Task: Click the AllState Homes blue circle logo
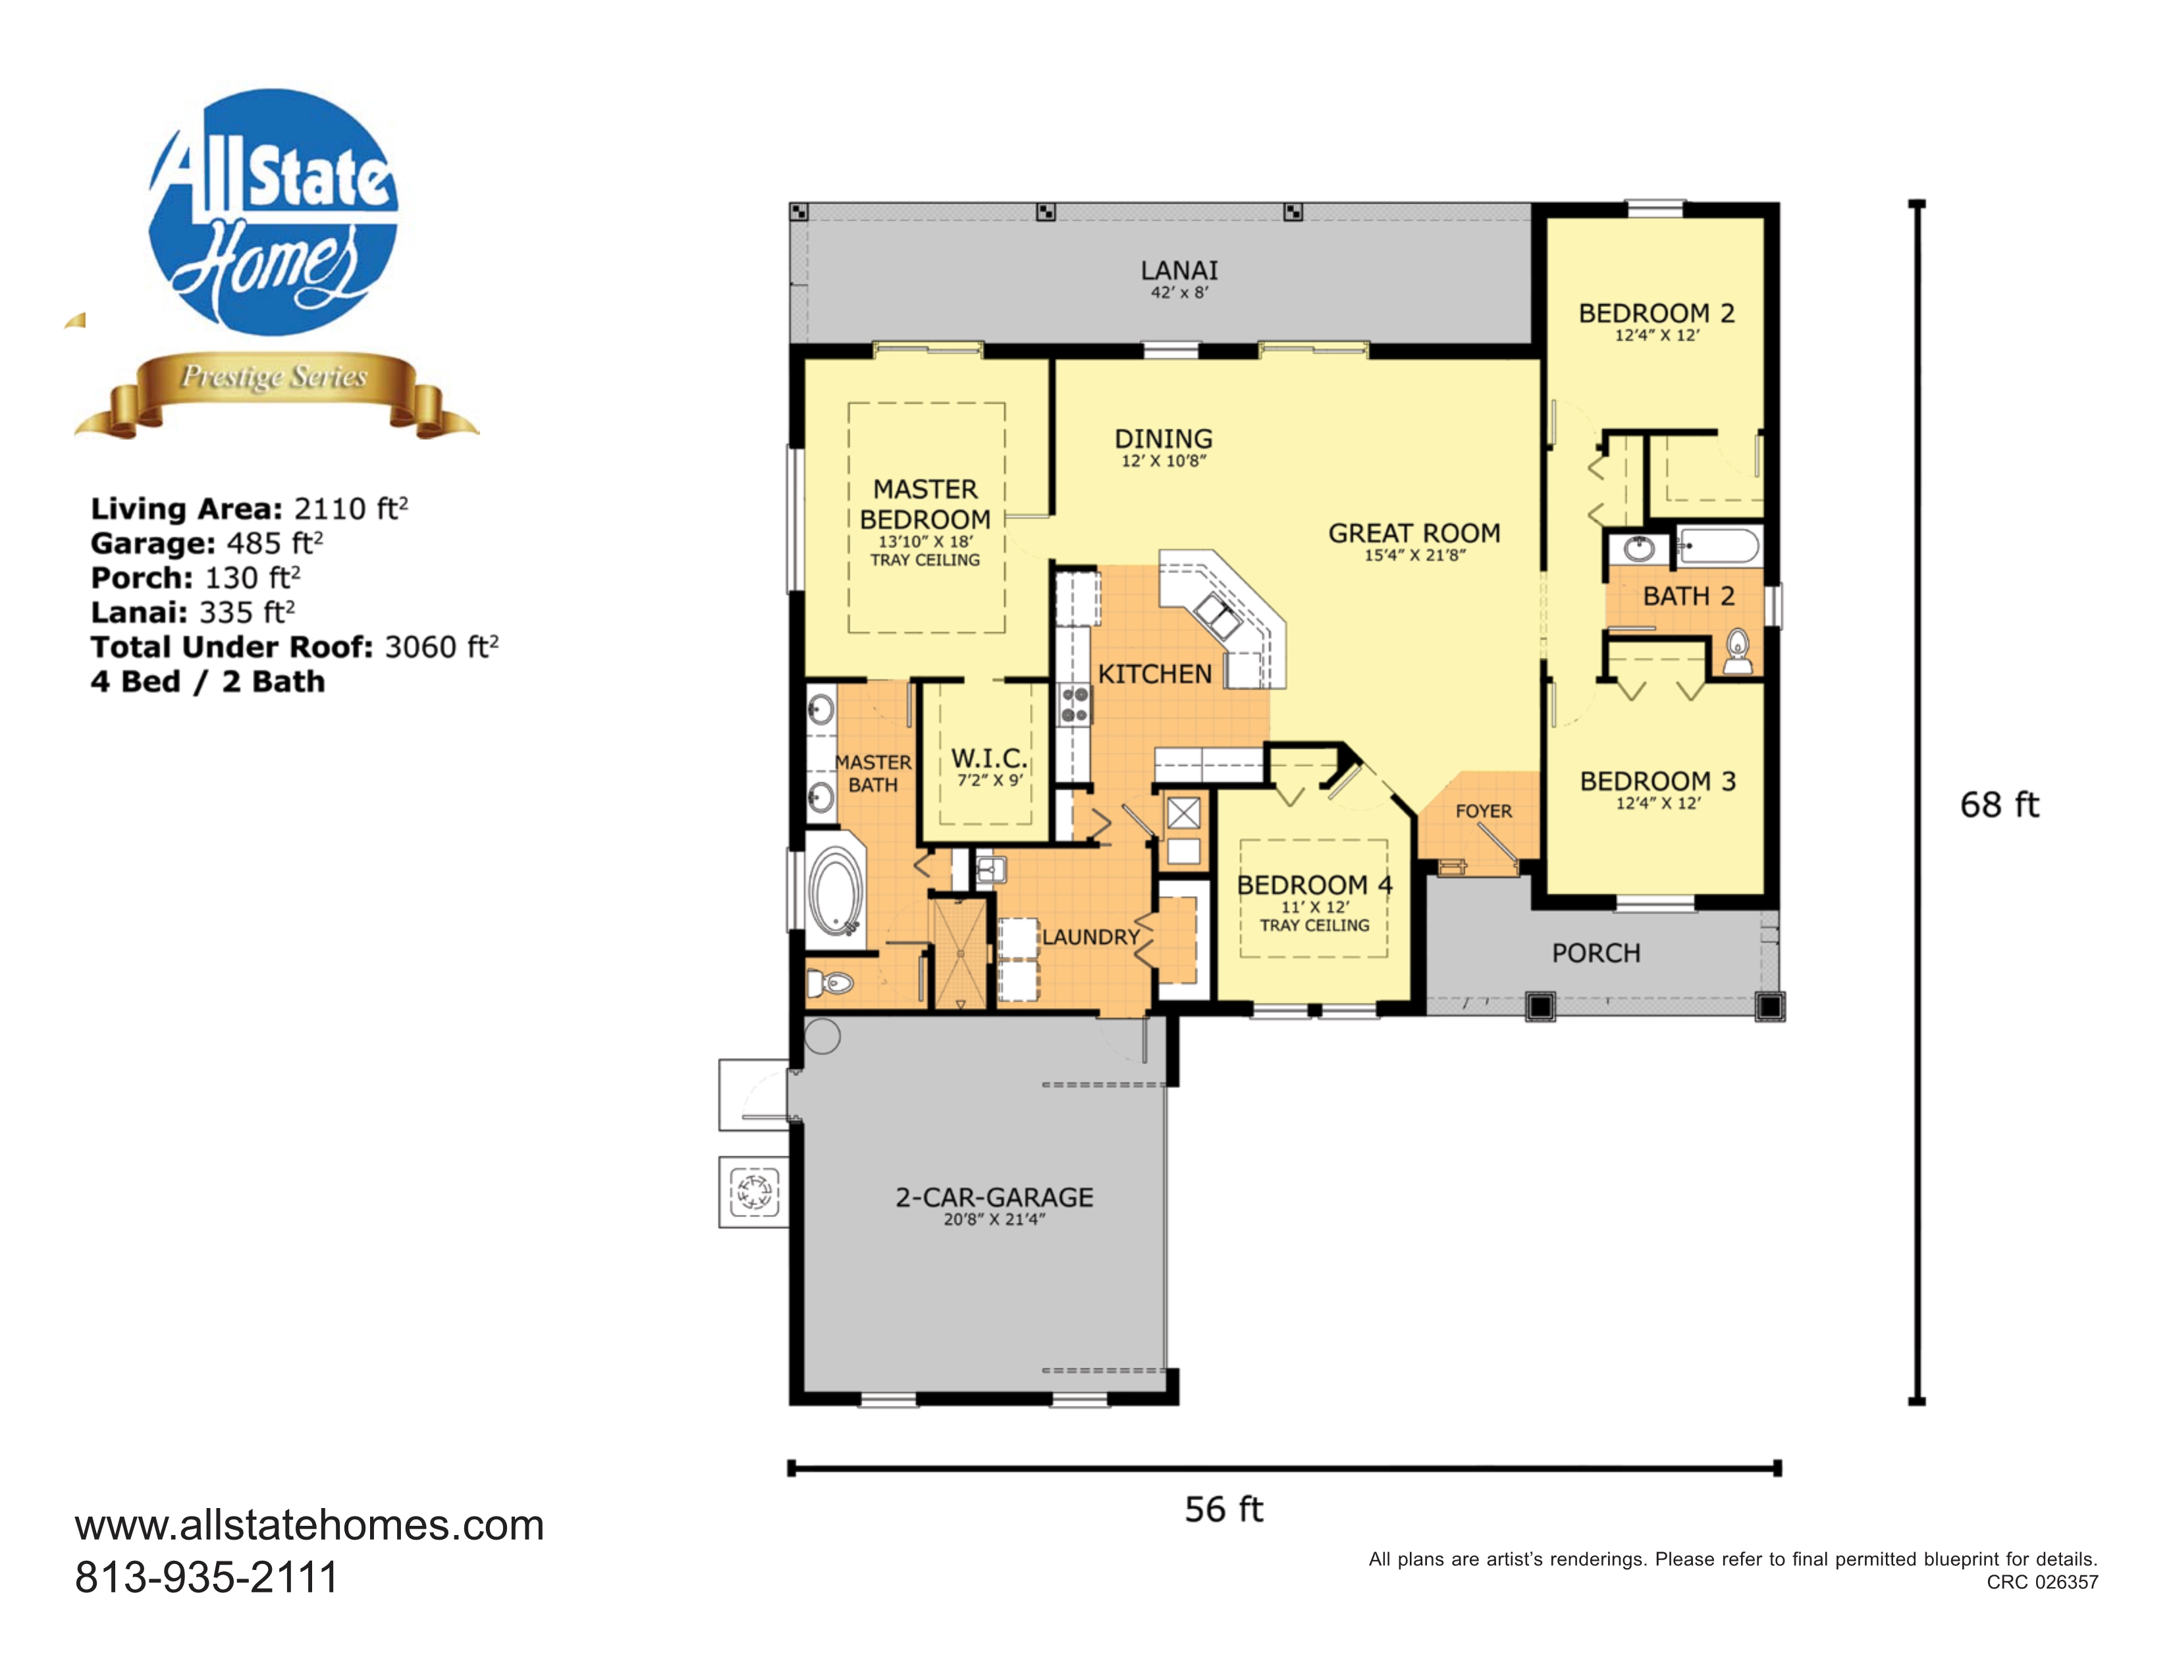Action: click(x=274, y=212)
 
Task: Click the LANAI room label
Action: click(x=1179, y=269)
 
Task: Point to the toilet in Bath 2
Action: click(x=1737, y=651)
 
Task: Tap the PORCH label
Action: click(x=1596, y=953)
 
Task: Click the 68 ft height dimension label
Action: click(x=1999, y=804)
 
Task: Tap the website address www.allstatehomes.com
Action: click(x=309, y=1525)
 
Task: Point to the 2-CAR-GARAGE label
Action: click(x=994, y=1196)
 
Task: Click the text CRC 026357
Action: click(x=2042, y=1581)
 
